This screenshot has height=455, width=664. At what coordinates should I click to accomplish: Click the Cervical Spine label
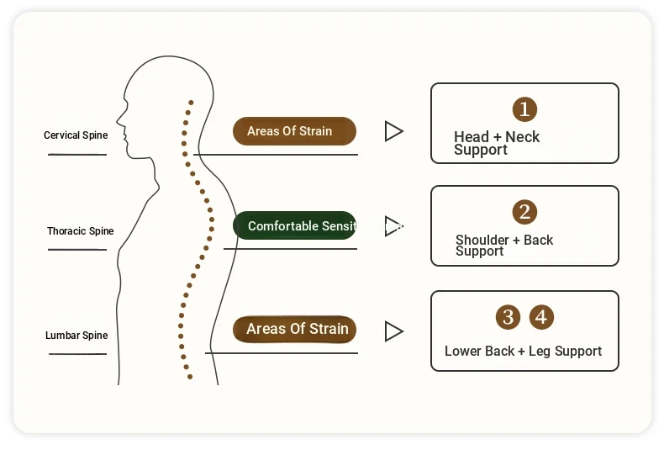pyautogui.click(x=76, y=135)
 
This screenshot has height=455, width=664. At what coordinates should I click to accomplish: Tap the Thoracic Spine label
pyautogui.click(x=81, y=231)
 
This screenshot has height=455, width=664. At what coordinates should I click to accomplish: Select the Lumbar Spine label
pyautogui.click(x=76, y=336)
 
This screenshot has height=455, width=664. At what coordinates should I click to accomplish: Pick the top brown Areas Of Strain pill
pyautogui.click(x=294, y=131)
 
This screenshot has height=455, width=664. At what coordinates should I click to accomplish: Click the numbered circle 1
pyautogui.click(x=524, y=108)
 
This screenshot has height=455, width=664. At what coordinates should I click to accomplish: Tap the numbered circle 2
pyautogui.click(x=524, y=212)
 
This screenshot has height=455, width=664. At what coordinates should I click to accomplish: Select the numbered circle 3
pyautogui.click(x=508, y=317)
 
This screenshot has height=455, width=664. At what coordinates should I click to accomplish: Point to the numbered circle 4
pyautogui.click(x=542, y=317)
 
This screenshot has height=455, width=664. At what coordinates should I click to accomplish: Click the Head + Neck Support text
pyautogui.click(x=496, y=143)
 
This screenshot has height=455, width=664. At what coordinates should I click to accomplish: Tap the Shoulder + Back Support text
pyautogui.click(x=503, y=246)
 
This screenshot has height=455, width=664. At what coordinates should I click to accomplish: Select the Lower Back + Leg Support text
pyautogui.click(x=523, y=352)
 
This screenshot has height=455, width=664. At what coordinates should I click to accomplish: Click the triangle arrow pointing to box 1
pyautogui.click(x=393, y=131)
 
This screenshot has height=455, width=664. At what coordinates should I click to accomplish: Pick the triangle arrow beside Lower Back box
pyautogui.click(x=393, y=331)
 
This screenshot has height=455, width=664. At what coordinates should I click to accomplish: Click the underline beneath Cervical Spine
pyautogui.click(x=77, y=155)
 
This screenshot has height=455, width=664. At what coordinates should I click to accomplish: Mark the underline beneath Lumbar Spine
pyautogui.click(x=77, y=354)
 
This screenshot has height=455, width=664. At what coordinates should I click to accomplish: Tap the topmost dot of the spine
pyautogui.click(x=191, y=103)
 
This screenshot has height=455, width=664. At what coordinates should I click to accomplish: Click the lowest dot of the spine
pyautogui.click(x=190, y=377)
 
